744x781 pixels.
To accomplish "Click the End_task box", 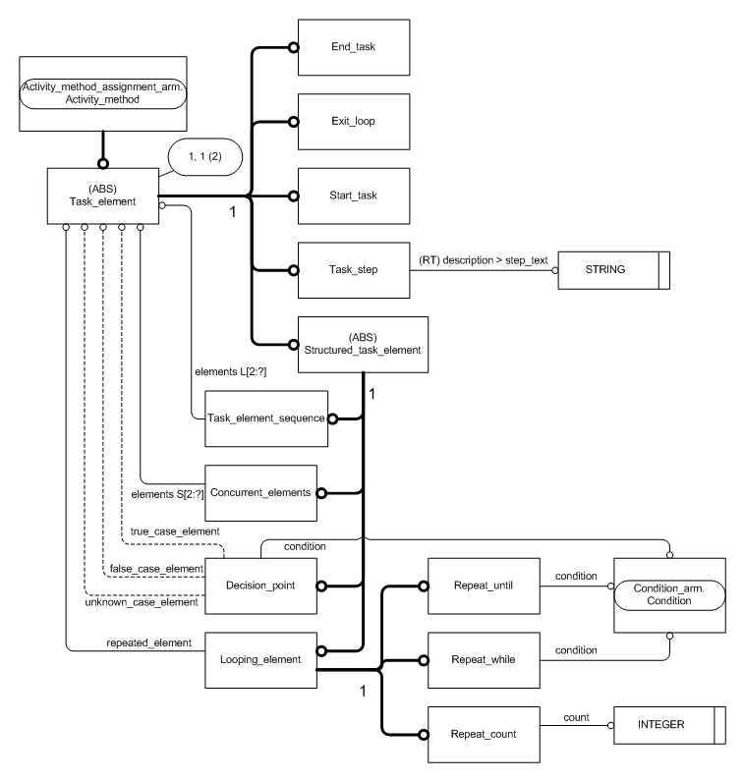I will [364, 47].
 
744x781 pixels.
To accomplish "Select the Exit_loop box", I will [364, 121].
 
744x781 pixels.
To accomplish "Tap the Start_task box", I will [364, 195].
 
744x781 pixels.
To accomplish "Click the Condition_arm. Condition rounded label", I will [668, 595].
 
